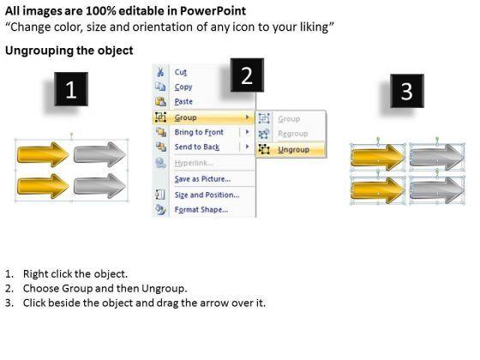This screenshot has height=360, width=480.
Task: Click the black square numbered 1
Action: (x=71, y=89)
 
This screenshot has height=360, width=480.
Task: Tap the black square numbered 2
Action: (x=247, y=75)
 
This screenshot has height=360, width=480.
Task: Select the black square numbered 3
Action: (x=407, y=91)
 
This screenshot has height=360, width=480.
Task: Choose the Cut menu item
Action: (x=181, y=72)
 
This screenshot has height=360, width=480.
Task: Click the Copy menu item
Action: (x=183, y=87)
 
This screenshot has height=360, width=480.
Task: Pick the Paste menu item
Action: (x=183, y=102)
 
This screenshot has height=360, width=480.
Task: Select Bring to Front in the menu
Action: (x=199, y=132)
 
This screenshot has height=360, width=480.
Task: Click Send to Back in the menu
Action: (x=197, y=147)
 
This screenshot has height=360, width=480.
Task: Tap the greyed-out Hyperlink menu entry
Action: (x=194, y=163)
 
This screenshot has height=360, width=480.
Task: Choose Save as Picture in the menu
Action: (x=202, y=179)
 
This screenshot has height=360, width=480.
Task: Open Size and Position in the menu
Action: (x=207, y=195)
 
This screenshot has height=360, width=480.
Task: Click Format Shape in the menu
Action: (x=201, y=210)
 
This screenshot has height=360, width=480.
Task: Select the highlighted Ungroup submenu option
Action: (x=293, y=150)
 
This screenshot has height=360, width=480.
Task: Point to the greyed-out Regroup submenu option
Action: (x=293, y=134)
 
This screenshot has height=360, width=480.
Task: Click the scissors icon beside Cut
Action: (x=160, y=72)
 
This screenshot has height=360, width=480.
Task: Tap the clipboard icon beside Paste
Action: (x=160, y=101)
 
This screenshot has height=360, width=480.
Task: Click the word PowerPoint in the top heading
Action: (x=213, y=11)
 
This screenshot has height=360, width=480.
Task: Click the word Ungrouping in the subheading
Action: (x=39, y=51)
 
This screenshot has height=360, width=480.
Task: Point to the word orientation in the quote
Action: (x=163, y=27)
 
